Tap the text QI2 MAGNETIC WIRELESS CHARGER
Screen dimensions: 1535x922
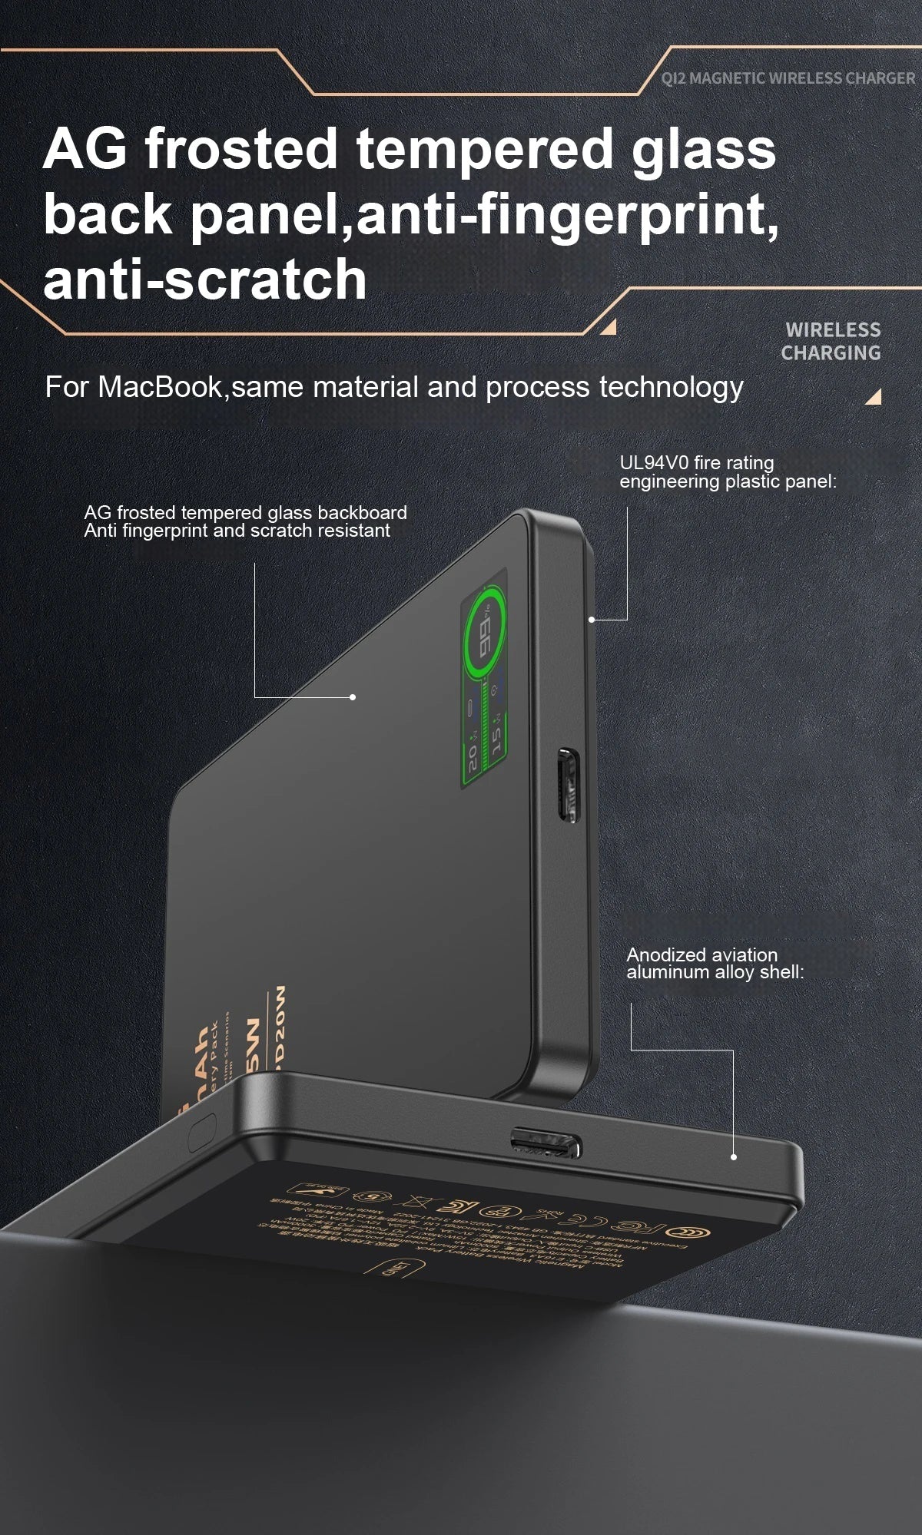(788, 78)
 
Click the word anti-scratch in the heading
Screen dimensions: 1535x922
(204, 279)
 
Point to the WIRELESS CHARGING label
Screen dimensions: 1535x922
(831, 342)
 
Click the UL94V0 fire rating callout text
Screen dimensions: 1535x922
(727, 472)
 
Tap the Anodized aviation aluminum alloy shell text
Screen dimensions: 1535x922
(715, 963)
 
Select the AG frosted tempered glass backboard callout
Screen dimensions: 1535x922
(245, 521)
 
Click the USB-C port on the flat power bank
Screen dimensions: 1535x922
(546, 1144)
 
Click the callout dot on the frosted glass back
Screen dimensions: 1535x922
(353, 696)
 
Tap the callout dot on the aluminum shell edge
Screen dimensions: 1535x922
(734, 1156)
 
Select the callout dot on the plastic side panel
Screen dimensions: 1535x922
(592, 619)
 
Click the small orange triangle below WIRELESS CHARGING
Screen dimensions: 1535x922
(874, 397)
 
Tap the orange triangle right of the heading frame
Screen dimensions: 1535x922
(609, 328)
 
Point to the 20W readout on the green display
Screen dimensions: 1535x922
(472, 756)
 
